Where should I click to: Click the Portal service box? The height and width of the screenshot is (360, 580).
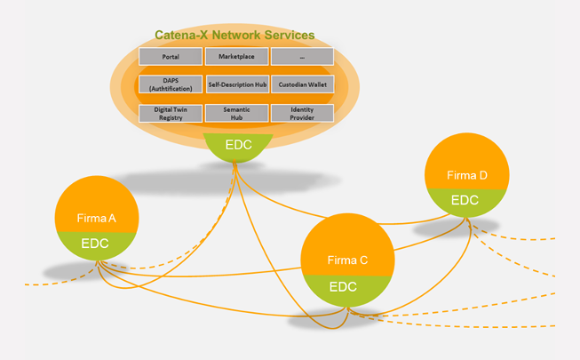point(171,57)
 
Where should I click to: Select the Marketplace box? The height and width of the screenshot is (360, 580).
point(236,57)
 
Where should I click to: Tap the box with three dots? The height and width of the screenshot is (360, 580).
point(302,57)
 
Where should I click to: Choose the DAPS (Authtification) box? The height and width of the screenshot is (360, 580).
point(171,85)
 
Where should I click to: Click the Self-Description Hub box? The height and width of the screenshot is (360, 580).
point(236,85)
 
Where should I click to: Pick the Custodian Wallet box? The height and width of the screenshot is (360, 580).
point(302,85)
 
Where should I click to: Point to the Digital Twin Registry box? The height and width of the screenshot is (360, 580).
point(171,113)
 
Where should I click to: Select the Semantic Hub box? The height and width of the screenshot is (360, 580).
point(236,113)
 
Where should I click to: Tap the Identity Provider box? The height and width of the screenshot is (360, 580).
point(302,113)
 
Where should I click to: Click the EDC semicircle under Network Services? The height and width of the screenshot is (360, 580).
point(237,145)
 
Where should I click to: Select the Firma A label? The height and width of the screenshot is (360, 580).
point(97,217)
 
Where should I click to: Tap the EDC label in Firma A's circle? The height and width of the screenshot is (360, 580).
point(95,243)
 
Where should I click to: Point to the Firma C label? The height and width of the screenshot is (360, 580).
point(347,260)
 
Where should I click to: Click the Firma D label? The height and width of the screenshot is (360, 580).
point(466,175)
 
